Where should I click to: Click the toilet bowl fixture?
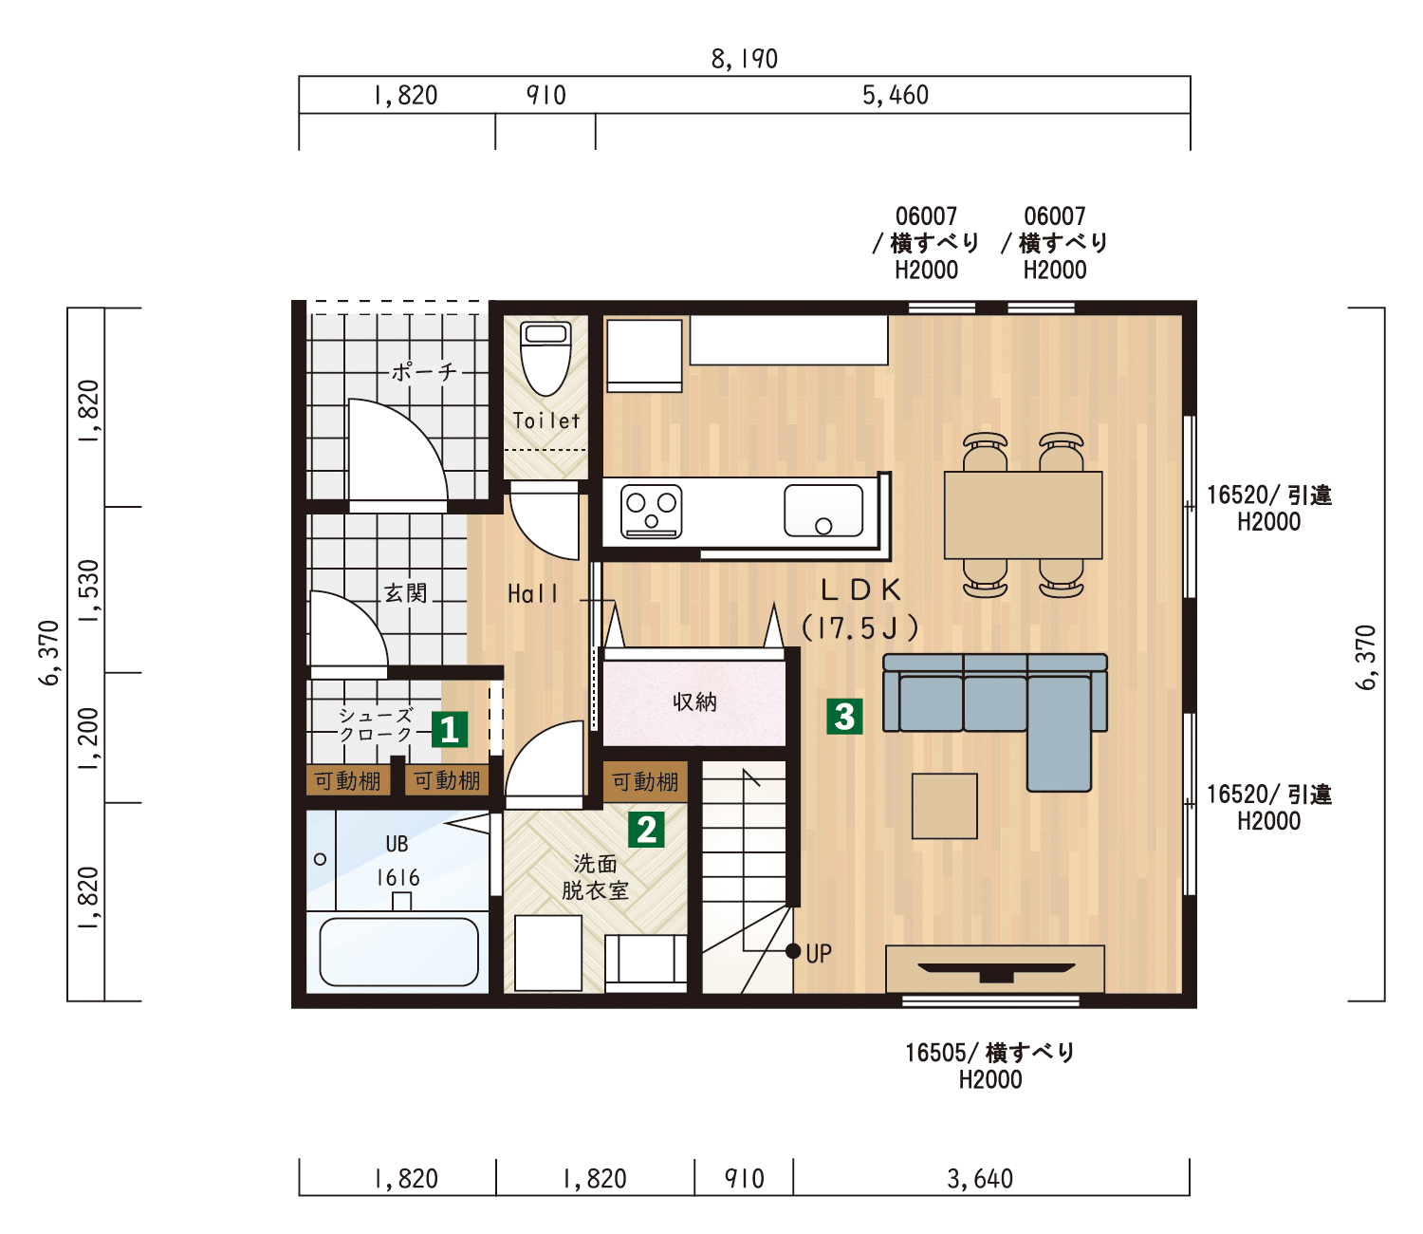545,358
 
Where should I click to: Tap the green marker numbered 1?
450,730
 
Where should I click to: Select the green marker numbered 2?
646,830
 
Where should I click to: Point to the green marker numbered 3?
844,717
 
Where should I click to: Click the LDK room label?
860,589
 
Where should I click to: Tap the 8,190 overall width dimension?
744,59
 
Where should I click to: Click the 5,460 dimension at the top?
895,95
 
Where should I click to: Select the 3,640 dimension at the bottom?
980,1179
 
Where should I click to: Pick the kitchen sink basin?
823,511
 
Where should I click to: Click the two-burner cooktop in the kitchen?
651,512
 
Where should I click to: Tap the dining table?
1023,514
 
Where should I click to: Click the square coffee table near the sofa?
945,806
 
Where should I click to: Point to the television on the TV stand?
996,971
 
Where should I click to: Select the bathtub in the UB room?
398,951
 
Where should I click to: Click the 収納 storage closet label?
694,702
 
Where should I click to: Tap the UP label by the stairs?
819,954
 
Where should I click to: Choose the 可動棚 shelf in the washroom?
645,782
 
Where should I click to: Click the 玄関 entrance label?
405,592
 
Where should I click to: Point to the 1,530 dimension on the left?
89,590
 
